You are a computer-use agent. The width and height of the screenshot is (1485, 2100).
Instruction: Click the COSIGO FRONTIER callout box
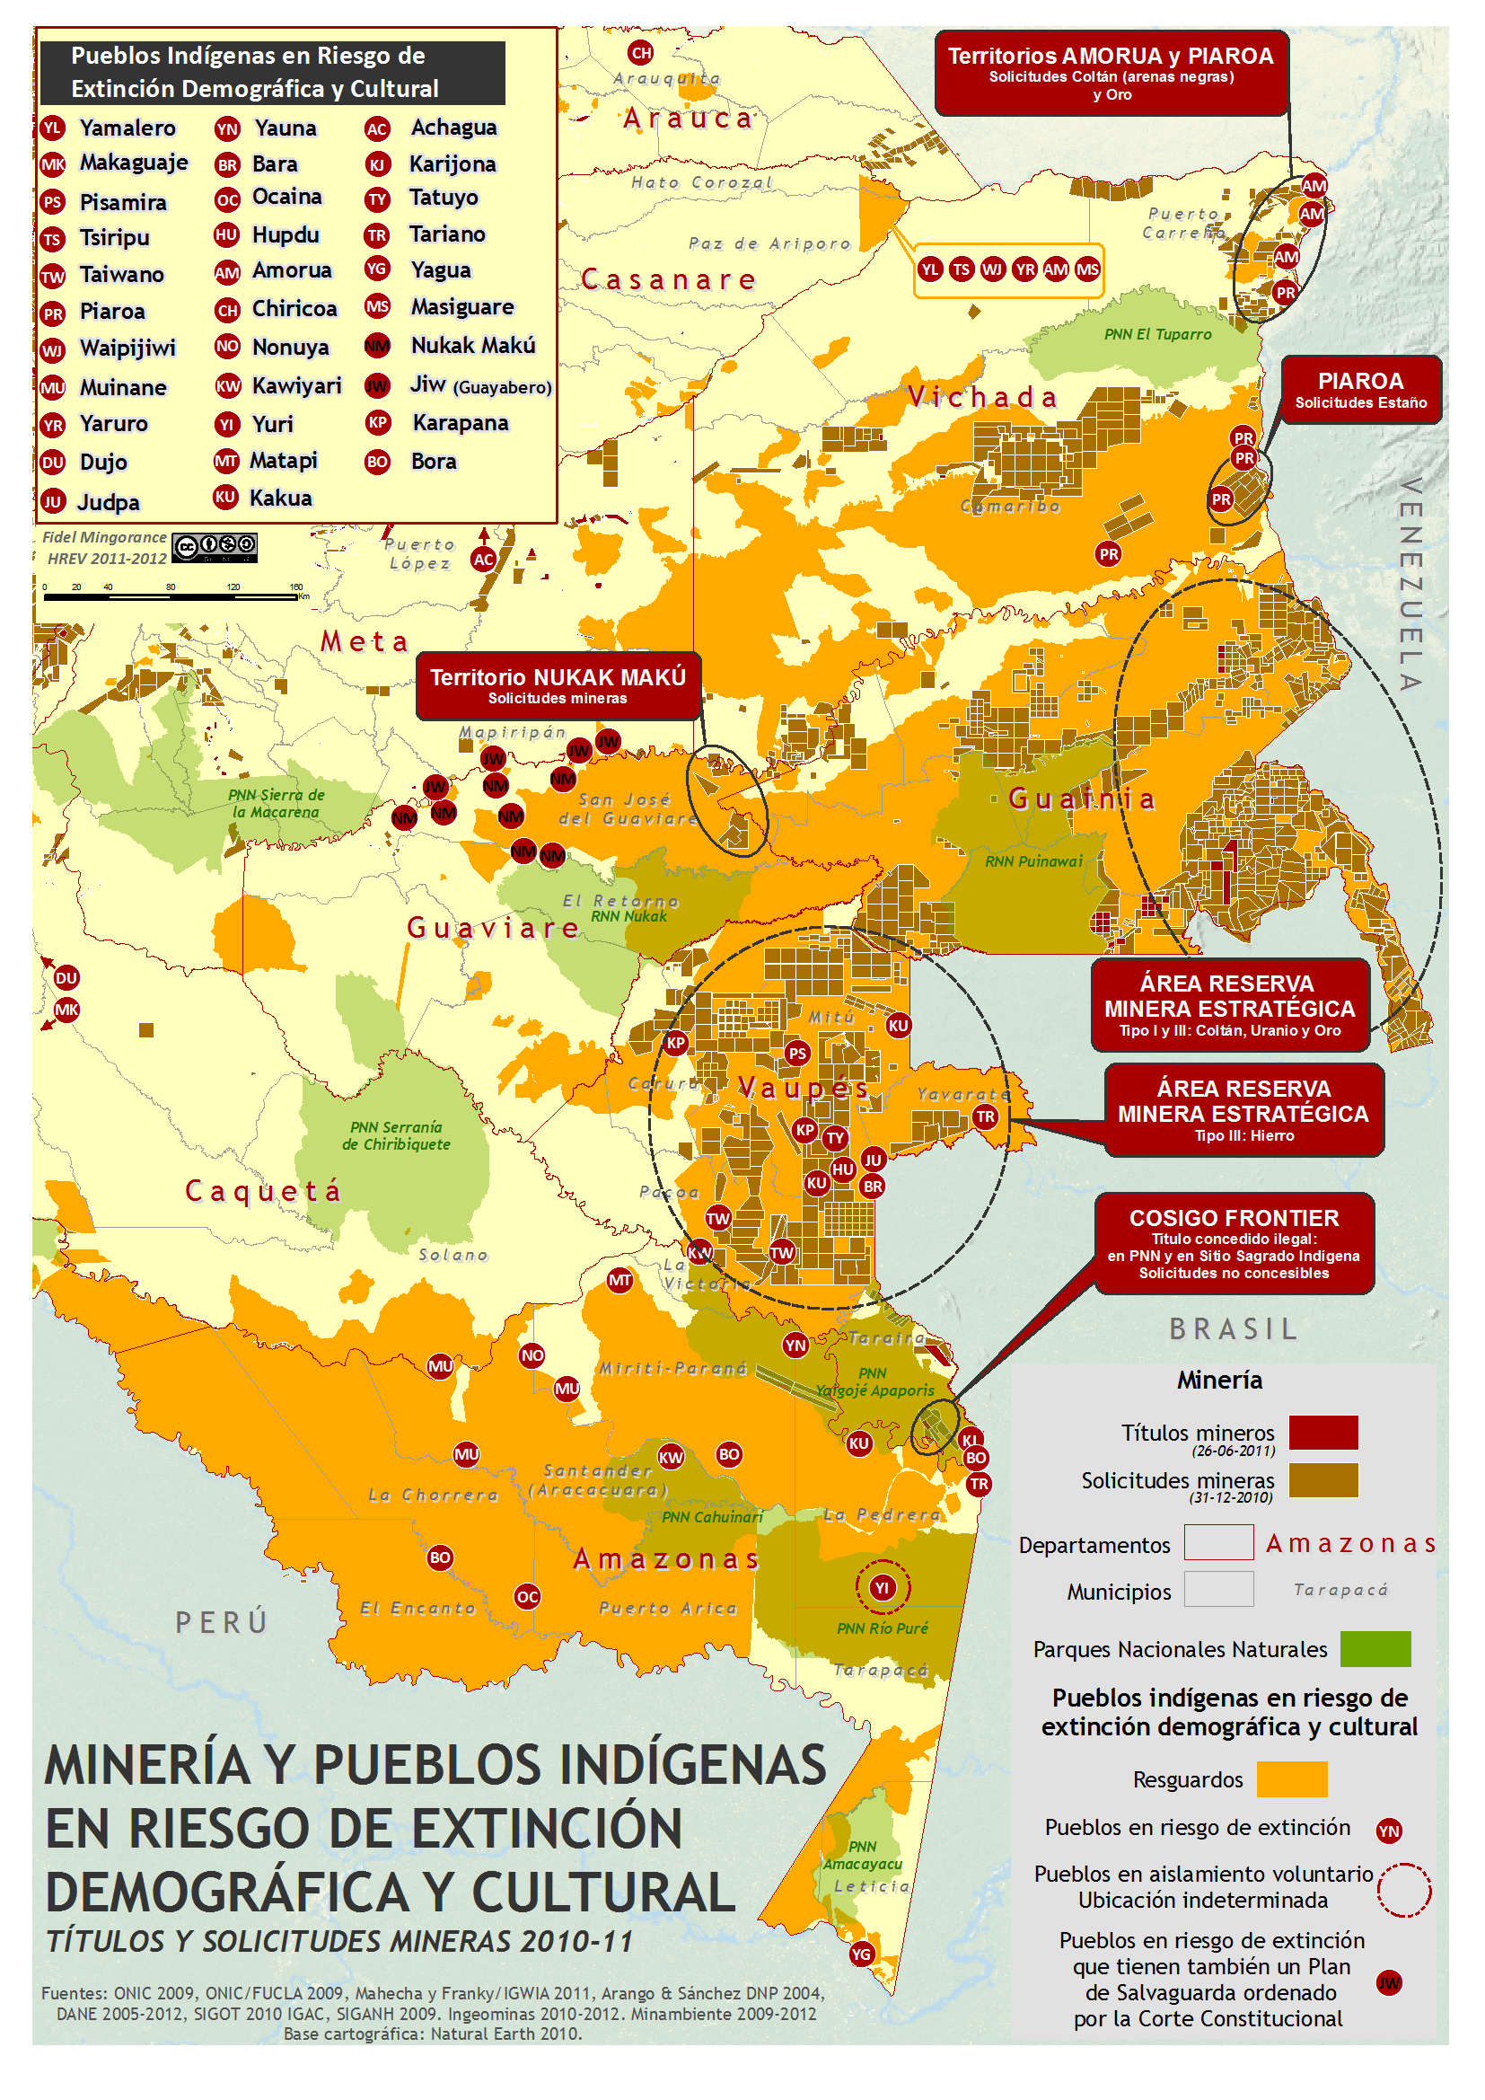[1234, 1243]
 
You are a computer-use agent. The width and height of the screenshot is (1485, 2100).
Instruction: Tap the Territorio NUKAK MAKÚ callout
[558, 685]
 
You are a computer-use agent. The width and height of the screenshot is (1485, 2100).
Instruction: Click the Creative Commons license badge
[214, 547]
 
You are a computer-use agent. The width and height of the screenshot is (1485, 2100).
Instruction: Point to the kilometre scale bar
[170, 596]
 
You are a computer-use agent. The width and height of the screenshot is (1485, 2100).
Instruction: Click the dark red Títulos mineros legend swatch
[1322, 1433]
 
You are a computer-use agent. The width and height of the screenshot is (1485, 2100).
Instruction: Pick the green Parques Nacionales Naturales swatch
[1375, 1648]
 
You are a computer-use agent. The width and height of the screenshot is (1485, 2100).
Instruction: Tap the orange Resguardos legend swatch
[1291, 1779]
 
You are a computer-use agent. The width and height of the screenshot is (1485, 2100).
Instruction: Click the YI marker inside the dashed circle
[882, 1587]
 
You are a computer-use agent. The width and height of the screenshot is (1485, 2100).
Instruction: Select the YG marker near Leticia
[861, 1954]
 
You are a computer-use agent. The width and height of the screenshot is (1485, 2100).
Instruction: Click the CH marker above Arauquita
[641, 52]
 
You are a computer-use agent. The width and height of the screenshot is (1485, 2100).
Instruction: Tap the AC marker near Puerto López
[484, 559]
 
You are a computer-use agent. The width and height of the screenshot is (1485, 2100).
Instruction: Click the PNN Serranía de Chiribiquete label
[396, 1135]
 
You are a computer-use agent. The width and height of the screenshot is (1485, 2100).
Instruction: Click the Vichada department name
[983, 397]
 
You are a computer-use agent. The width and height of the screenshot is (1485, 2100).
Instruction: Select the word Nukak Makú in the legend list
[473, 345]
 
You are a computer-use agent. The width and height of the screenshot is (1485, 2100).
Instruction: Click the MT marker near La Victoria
[620, 1280]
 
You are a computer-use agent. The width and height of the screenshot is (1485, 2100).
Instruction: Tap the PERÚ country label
[222, 1621]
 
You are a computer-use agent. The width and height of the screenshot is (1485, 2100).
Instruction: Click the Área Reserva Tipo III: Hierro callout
[1243, 1109]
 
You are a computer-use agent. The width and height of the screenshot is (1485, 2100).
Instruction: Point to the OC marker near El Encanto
[528, 1596]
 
